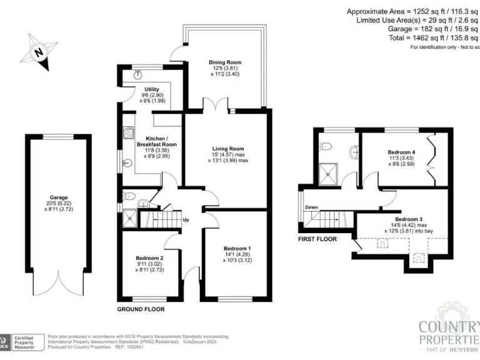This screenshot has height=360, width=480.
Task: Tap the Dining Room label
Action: (x=224, y=62)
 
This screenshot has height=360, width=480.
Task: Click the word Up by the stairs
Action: (x=186, y=219)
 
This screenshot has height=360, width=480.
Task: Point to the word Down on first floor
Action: (x=311, y=207)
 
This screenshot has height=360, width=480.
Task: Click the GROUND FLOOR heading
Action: (x=141, y=309)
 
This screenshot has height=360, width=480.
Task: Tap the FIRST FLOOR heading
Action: (x=317, y=239)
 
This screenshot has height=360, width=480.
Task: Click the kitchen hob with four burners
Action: (x=129, y=132)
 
